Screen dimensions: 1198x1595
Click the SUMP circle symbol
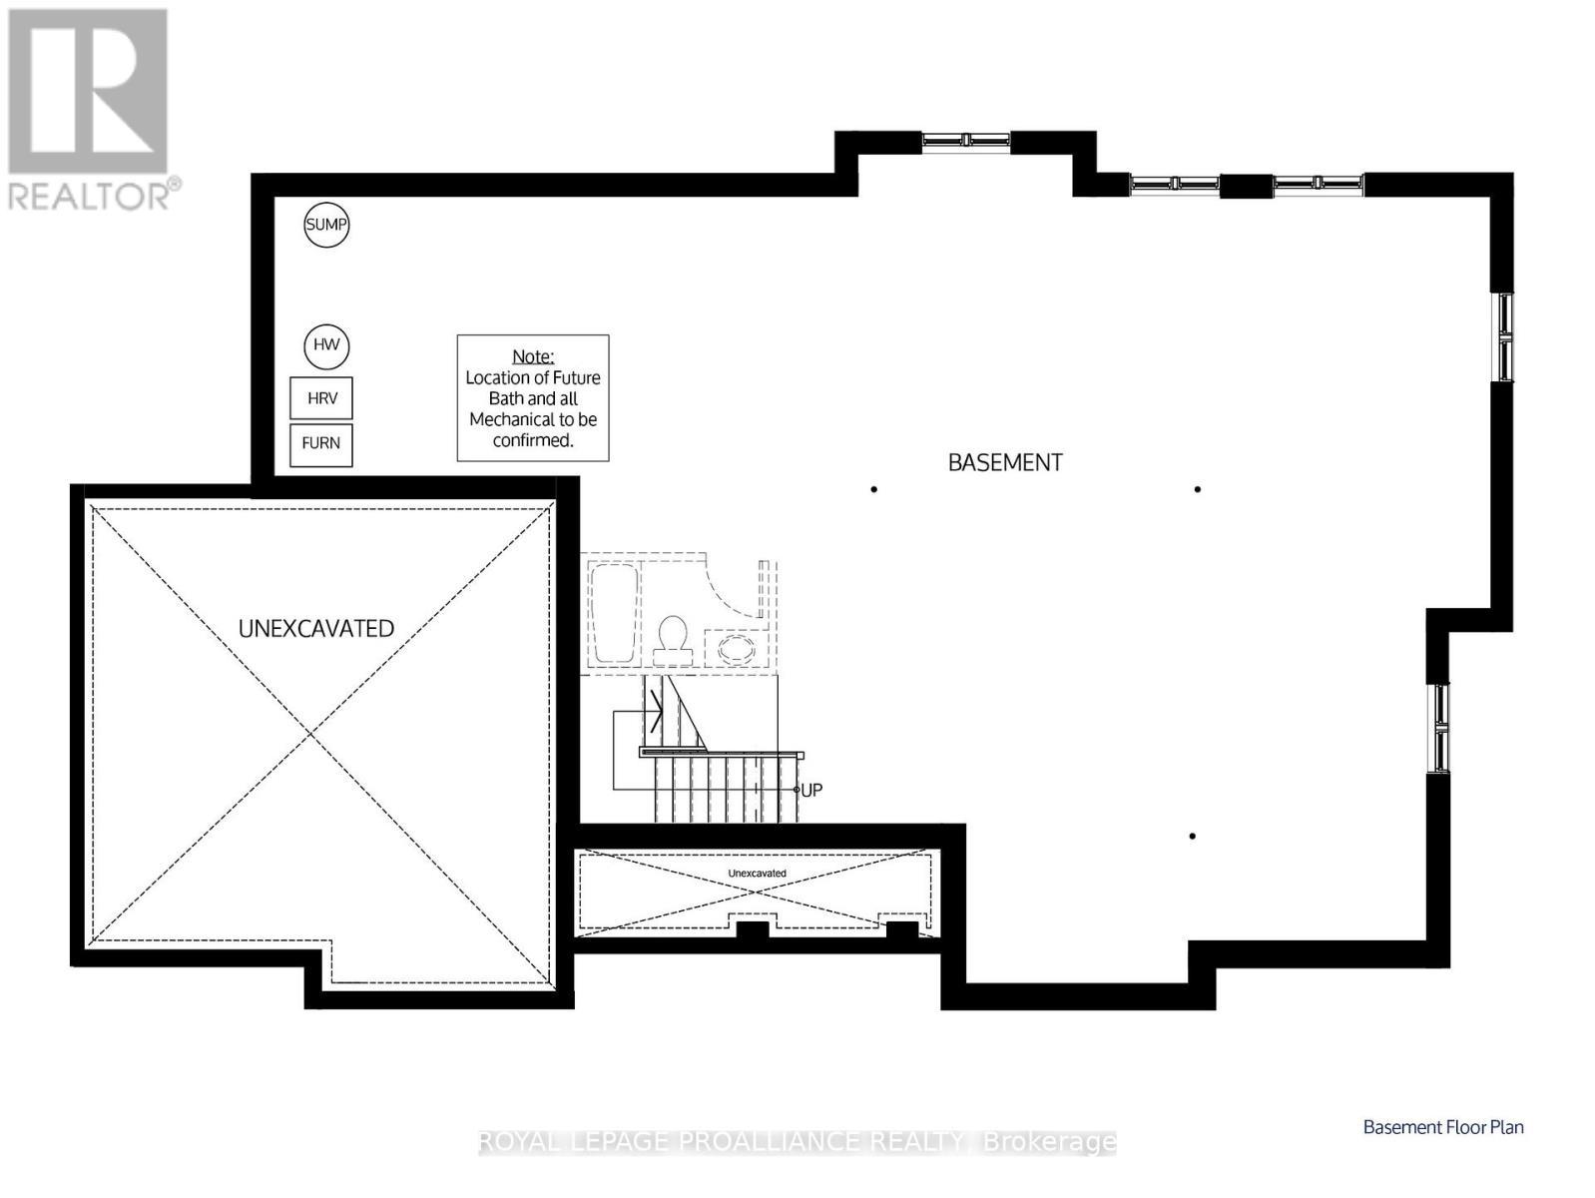[325, 225]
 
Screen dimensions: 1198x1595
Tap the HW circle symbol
[326, 345]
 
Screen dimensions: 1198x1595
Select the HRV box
[321, 398]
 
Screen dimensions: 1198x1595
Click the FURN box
[321, 443]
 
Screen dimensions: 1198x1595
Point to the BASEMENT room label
[1004, 462]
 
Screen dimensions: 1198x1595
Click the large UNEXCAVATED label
[315, 628]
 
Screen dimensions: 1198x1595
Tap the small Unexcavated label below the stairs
[757, 874]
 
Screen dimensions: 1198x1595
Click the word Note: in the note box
[532, 356]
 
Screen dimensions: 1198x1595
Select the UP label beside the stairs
[811, 790]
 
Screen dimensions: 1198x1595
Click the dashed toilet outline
[673, 641]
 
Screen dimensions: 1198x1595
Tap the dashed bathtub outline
[613, 614]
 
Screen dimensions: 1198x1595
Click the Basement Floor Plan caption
[1442, 1127]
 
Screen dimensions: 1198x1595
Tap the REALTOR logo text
[94, 195]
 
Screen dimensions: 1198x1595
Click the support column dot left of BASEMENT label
[873, 489]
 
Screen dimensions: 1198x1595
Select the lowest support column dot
[1192, 836]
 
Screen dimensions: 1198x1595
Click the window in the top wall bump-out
[965, 141]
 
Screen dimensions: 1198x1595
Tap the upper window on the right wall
[1502, 336]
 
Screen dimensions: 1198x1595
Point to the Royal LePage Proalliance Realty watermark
[797, 1141]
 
